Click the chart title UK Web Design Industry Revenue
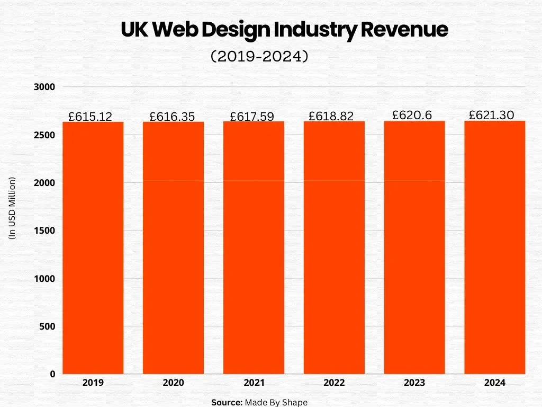[x=284, y=30]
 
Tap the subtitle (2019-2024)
[x=259, y=56]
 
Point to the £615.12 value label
[x=91, y=117]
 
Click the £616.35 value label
[x=172, y=117]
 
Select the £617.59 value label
[x=252, y=117]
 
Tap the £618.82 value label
[x=331, y=116]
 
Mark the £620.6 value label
[x=412, y=115]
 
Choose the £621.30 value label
[x=492, y=115]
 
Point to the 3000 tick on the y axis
[x=44, y=87]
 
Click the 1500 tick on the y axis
[x=44, y=231]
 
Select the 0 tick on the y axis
[x=52, y=374]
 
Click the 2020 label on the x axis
[x=173, y=383]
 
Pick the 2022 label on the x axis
[x=334, y=383]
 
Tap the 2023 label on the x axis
[x=414, y=383]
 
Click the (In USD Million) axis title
[x=13, y=208]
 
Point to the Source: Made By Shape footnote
[x=259, y=402]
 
